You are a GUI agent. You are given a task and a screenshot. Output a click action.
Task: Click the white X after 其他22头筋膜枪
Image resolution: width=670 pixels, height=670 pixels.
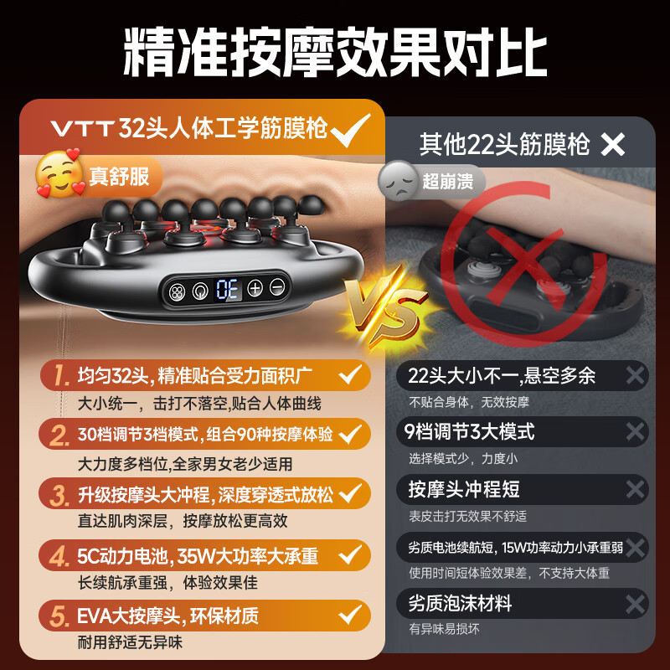coord(613,145)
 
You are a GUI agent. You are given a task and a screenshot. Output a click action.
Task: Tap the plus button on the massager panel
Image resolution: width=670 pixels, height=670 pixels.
coord(255,288)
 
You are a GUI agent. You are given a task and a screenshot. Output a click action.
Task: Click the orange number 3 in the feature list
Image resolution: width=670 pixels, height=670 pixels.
coord(58,493)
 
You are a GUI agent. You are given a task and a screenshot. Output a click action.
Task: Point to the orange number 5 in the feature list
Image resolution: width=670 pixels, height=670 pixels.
coord(58,616)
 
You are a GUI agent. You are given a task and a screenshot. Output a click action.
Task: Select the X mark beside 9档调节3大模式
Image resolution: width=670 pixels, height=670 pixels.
coord(635,431)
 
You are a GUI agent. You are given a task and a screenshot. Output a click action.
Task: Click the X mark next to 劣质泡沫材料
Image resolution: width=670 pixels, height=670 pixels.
coord(635,602)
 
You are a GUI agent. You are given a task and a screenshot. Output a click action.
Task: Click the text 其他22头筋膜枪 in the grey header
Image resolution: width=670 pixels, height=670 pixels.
coord(504,145)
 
